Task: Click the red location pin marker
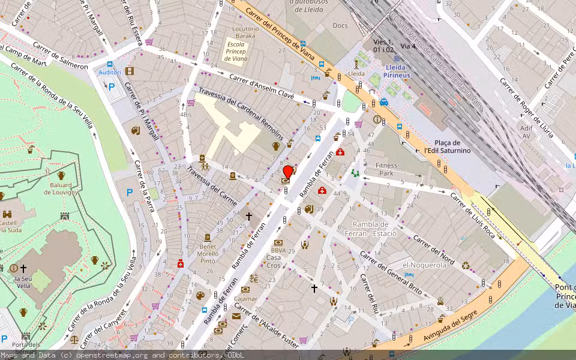[x=287, y=172]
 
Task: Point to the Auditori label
[x=110, y=73]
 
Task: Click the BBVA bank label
[x=278, y=250]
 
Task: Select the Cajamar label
[x=245, y=298]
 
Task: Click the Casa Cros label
[x=274, y=262]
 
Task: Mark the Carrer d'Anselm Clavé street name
[x=262, y=87]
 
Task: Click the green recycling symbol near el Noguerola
[x=466, y=265]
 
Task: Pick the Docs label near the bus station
[x=340, y=25]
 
